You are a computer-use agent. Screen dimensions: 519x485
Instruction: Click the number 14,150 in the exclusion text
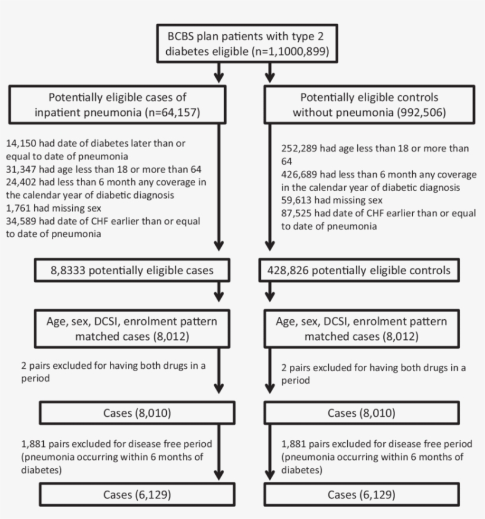pos(22,144)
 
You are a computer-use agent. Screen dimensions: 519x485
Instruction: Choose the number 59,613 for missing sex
pos(298,200)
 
